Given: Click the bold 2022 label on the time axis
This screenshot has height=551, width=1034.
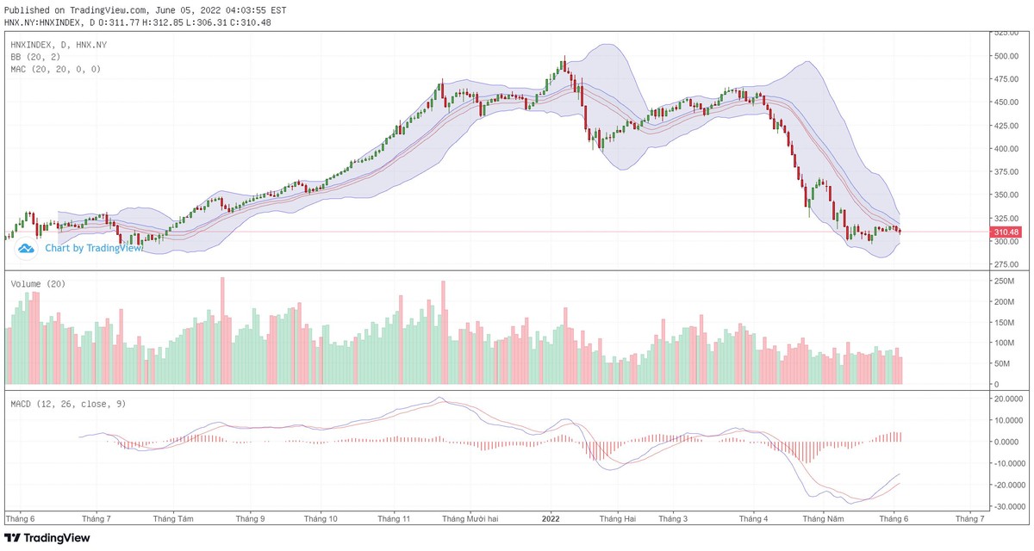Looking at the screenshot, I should (x=551, y=518).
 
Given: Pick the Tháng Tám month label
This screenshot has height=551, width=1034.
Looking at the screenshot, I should (x=173, y=518).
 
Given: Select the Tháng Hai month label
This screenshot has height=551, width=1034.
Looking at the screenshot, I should (x=618, y=518).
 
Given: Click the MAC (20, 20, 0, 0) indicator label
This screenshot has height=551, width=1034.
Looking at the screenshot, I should (x=55, y=69).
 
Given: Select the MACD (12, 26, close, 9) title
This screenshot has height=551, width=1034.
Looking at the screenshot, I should (x=68, y=404).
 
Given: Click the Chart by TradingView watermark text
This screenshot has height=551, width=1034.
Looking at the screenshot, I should (x=93, y=248).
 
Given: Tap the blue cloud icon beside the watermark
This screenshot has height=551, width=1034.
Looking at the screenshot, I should (x=26, y=249).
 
